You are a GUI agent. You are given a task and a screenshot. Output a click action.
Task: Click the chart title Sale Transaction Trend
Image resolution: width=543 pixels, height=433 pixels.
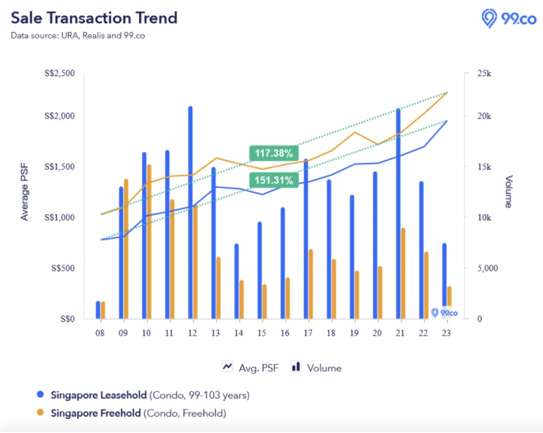tap(94, 18)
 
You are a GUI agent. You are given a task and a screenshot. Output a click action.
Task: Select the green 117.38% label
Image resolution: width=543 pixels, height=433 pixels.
tap(273, 152)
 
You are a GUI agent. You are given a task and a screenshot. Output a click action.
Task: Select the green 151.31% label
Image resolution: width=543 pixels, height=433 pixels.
tap(273, 180)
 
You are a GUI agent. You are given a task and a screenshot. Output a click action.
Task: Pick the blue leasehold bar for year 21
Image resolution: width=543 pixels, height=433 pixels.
tap(398, 214)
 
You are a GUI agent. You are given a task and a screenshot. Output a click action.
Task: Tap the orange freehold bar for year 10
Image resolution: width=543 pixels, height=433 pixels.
tap(149, 241)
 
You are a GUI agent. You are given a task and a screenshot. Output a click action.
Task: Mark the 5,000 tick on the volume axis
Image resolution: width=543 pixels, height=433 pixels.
tap(487, 268)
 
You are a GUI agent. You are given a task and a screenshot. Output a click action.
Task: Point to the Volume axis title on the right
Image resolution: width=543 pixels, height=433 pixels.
tap(508, 192)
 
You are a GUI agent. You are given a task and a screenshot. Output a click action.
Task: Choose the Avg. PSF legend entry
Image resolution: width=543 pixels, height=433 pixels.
tap(250, 367)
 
